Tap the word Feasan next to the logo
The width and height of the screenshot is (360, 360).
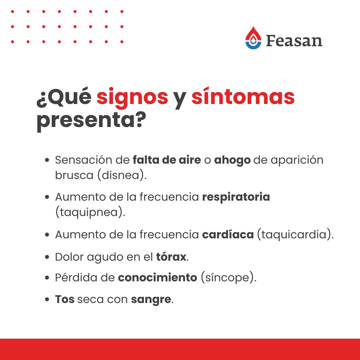[294, 40]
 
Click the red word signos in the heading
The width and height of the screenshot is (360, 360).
[132, 97]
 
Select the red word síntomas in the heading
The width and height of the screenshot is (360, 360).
[243, 97]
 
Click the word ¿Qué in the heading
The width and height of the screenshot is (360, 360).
[64, 97]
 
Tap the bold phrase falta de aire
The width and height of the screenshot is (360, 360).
[167, 160]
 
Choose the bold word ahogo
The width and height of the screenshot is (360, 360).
[232, 160]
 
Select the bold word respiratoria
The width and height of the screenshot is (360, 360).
[236, 197]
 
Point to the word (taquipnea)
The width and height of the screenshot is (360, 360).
[90, 212]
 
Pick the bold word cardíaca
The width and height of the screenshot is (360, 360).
[228, 234]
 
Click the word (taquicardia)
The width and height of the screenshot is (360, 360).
[295, 235]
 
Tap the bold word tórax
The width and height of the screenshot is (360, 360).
[171, 257]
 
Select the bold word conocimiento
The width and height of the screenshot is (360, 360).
[157, 278]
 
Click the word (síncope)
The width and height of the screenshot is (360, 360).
[229, 278]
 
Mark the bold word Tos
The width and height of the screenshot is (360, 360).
[65, 299]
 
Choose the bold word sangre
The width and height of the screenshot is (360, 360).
[151, 299]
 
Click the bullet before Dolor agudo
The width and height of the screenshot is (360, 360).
[48, 258]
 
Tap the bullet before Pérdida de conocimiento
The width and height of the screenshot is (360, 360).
[48, 278]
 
